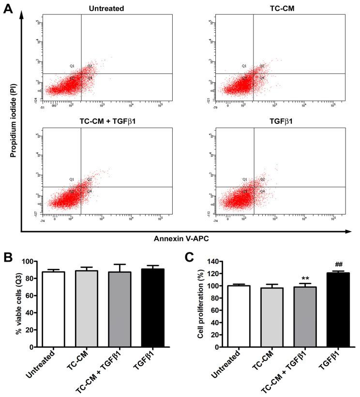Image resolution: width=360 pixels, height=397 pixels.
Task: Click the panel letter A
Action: tap(8, 8)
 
